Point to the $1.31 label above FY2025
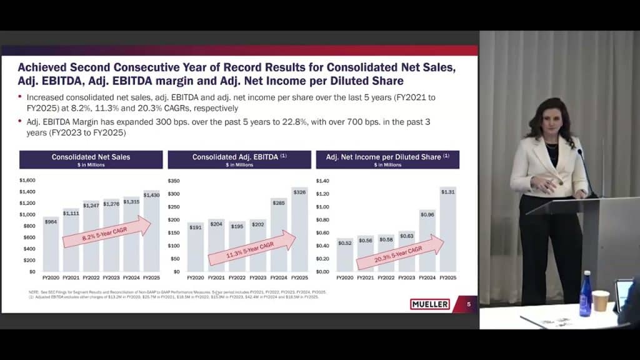(x=447, y=192)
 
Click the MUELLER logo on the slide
(x=430, y=304)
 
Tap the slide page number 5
(x=469, y=304)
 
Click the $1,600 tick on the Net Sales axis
(x=27, y=181)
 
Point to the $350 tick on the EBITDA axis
(x=172, y=181)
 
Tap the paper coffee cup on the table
(x=601, y=301)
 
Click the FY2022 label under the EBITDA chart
(x=237, y=277)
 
